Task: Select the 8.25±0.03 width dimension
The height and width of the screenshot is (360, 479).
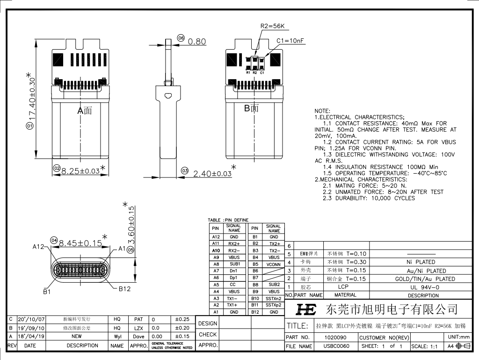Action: point(80,171)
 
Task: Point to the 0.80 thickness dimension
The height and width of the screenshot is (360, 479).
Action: point(197,42)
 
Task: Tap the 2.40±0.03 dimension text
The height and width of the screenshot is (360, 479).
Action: point(213,174)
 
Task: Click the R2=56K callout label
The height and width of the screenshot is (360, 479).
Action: point(272,26)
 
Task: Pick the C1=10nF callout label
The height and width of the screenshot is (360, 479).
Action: point(290,41)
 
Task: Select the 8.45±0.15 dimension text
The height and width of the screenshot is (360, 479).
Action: point(80,243)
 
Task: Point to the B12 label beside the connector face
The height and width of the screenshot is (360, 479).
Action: point(124,289)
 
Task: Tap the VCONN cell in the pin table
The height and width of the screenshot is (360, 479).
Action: point(274,264)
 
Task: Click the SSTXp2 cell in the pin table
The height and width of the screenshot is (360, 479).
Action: point(274,305)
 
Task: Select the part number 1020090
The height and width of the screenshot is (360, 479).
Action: point(335,337)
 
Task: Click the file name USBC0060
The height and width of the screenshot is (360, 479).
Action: point(336,346)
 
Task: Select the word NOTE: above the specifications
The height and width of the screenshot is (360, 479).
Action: point(323,111)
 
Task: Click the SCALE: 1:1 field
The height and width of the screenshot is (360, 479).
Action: point(424,346)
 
